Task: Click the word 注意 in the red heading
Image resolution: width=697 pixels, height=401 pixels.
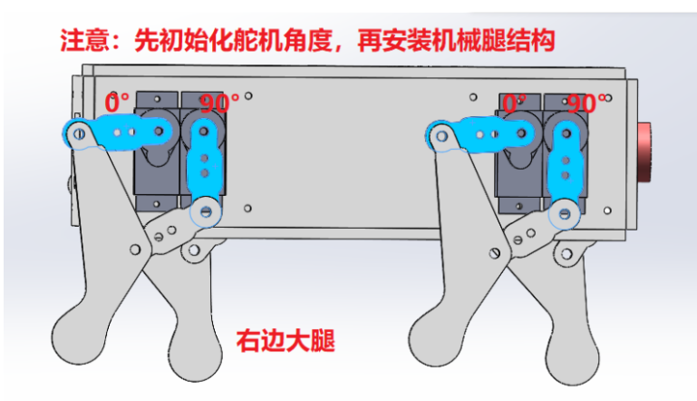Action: (80, 40)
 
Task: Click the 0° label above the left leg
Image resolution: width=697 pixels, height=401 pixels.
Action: (117, 103)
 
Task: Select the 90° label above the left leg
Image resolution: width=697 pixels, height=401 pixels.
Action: (218, 103)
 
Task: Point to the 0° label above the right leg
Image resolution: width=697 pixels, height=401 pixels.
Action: (514, 103)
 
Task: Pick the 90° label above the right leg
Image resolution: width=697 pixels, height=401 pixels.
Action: (587, 103)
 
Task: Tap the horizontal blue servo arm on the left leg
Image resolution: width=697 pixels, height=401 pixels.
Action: (118, 132)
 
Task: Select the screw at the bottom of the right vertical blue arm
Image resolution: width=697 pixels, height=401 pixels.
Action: (568, 215)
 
